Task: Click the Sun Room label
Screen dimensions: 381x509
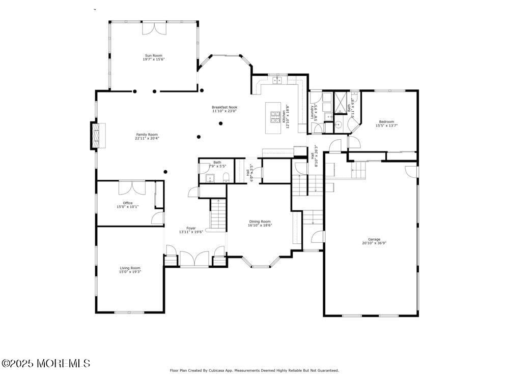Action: (153, 55)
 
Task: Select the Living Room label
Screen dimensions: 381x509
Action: (130, 268)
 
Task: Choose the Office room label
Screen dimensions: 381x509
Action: (127, 203)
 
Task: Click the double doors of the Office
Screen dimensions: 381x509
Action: (132, 187)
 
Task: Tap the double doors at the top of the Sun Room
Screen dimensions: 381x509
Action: (154, 28)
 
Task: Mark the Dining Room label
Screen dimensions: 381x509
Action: (260, 221)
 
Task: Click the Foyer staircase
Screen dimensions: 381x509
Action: (218, 214)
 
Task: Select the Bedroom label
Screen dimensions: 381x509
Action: (386, 121)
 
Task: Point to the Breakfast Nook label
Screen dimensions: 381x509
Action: (224, 107)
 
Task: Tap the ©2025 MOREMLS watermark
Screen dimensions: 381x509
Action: (46, 363)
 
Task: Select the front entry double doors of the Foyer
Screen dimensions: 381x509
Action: (193, 258)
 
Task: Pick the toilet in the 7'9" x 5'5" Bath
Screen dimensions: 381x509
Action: (227, 177)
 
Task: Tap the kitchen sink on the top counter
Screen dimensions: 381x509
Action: (277, 80)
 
